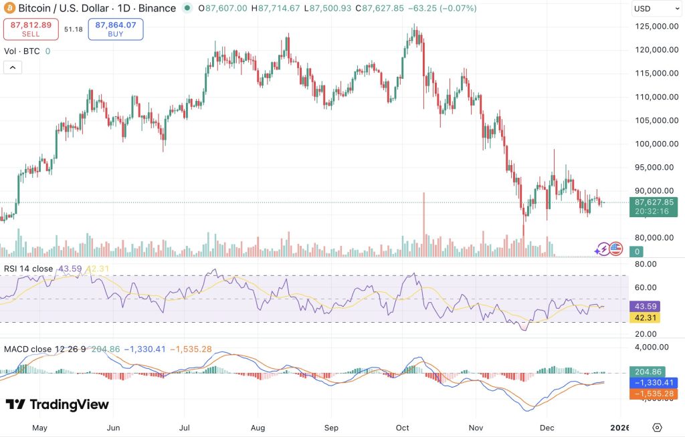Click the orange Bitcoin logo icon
coord(9,9)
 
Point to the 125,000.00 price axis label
coord(654,26)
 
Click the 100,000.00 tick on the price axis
coord(654,144)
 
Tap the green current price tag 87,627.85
coord(654,202)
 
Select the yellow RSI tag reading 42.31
coord(647,318)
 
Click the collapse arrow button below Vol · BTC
coord(13,67)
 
